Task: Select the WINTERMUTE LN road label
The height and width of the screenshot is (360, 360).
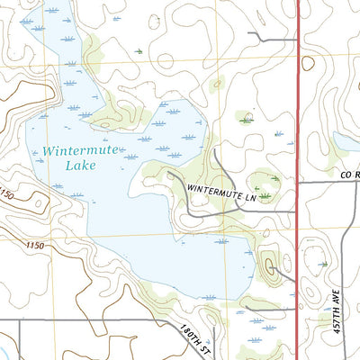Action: (x=229, y=190)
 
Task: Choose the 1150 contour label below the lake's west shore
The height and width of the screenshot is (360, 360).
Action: (x=35, y=245)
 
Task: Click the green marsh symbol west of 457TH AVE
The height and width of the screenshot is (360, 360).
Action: (x=324, y=265)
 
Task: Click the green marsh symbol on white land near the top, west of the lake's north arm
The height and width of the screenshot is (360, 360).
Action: (x=138, y=51)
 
